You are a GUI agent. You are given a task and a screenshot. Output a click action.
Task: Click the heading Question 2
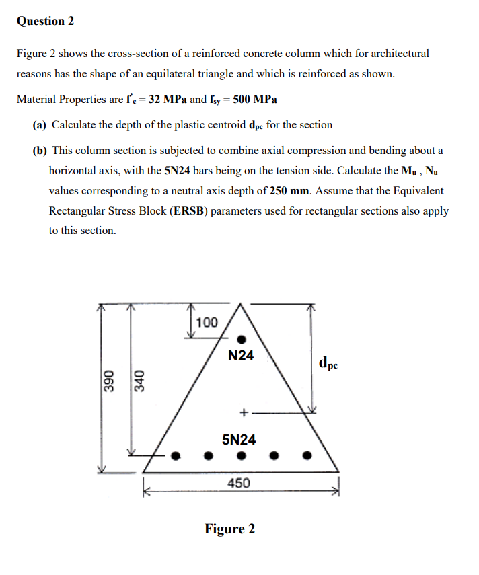point(45,21)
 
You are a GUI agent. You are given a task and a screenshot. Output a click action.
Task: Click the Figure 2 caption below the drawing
point(229,529)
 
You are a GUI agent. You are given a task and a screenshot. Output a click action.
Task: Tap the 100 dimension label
point(207,322)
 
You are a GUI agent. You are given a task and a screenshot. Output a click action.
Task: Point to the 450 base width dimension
point(239,483)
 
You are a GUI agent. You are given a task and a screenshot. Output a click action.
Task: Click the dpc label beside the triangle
point(332,364)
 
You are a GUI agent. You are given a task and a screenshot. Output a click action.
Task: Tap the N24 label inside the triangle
point(241,356)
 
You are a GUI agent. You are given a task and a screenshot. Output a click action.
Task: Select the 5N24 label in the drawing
point(239,440)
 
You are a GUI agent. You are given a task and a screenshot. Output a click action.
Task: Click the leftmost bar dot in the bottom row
point(176,455)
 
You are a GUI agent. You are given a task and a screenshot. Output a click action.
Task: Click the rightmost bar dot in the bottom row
point(307,455)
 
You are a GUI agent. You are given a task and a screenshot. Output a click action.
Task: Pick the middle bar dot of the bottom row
point(241,455)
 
